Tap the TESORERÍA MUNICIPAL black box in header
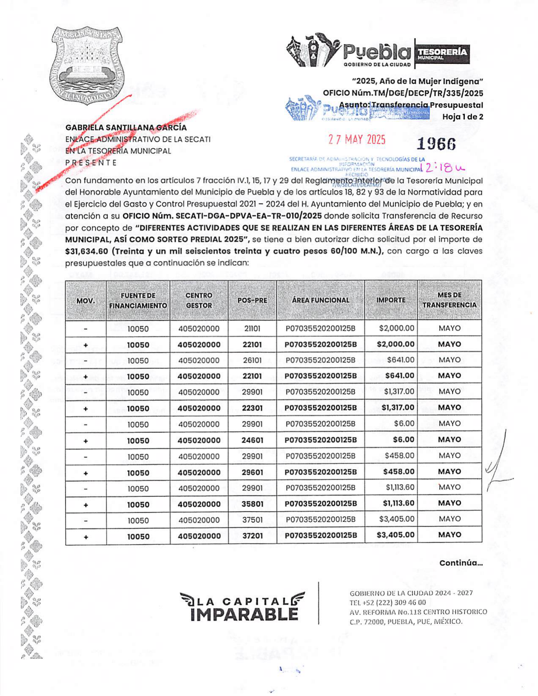(x=442, y=53)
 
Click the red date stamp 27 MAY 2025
(x=357, y=139)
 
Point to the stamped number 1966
(x=436, y=144)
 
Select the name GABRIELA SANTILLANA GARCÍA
(x=126, y=127)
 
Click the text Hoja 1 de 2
(x=462, y=117)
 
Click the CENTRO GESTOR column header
(x=199, y=300)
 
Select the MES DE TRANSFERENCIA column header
(x=449, y=300)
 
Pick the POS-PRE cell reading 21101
(x=252, y=328)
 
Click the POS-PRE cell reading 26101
(x=252, y=360)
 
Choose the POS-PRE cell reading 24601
(x=252, y=440)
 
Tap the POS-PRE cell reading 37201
(x=252, y=536)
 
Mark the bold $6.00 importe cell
(x=404, y=439)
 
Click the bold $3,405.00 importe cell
(x=396, y=535)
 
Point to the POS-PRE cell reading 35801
(x=252, y=504)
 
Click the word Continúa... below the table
(x=461, y=563)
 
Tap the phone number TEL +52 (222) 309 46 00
(x=388, y=603)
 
